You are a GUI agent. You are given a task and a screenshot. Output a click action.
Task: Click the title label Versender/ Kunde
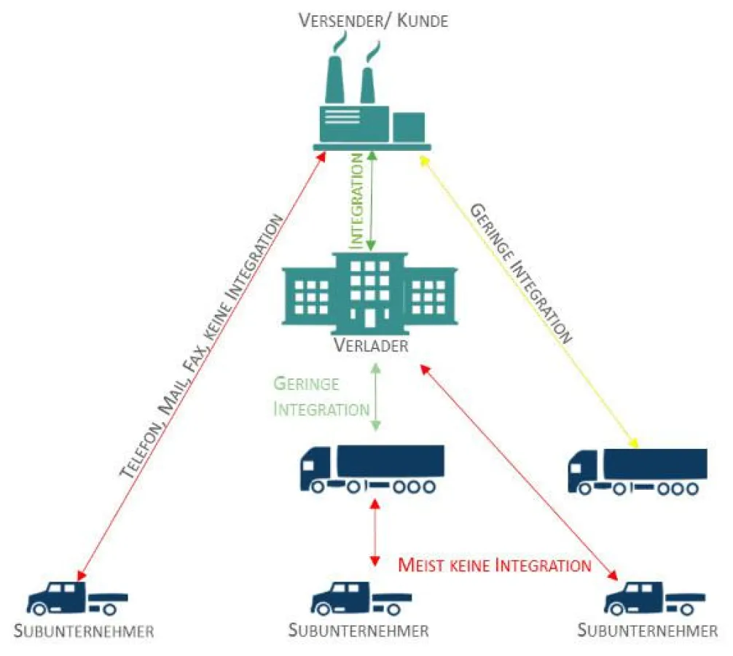pyautogui.click(x=372, y=20)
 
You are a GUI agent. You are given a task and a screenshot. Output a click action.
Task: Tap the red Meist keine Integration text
pyautogui.click(x=494, y=565)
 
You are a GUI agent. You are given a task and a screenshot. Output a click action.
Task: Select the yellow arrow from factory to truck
pyautogui.click(x=530, y=300)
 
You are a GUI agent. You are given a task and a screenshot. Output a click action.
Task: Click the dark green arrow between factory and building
pyautogui.click(x=372, y=200)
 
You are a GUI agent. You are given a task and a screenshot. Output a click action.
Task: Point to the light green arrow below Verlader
pyautogui.click(x=376, y=397)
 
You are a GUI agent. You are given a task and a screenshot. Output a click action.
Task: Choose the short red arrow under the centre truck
pyautogui.click(x=375, y=533)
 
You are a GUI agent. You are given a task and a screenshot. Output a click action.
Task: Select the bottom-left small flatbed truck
pyautogui.click(x=77, y=598)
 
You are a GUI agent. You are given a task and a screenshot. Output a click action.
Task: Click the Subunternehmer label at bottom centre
pyautogui.click(x=358, y=630)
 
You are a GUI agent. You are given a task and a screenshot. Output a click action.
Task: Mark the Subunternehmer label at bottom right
pyautogui.click(x=648, y=630)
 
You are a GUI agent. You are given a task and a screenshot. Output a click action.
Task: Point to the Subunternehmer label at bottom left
pyautogui.click(x=85, y=631)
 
